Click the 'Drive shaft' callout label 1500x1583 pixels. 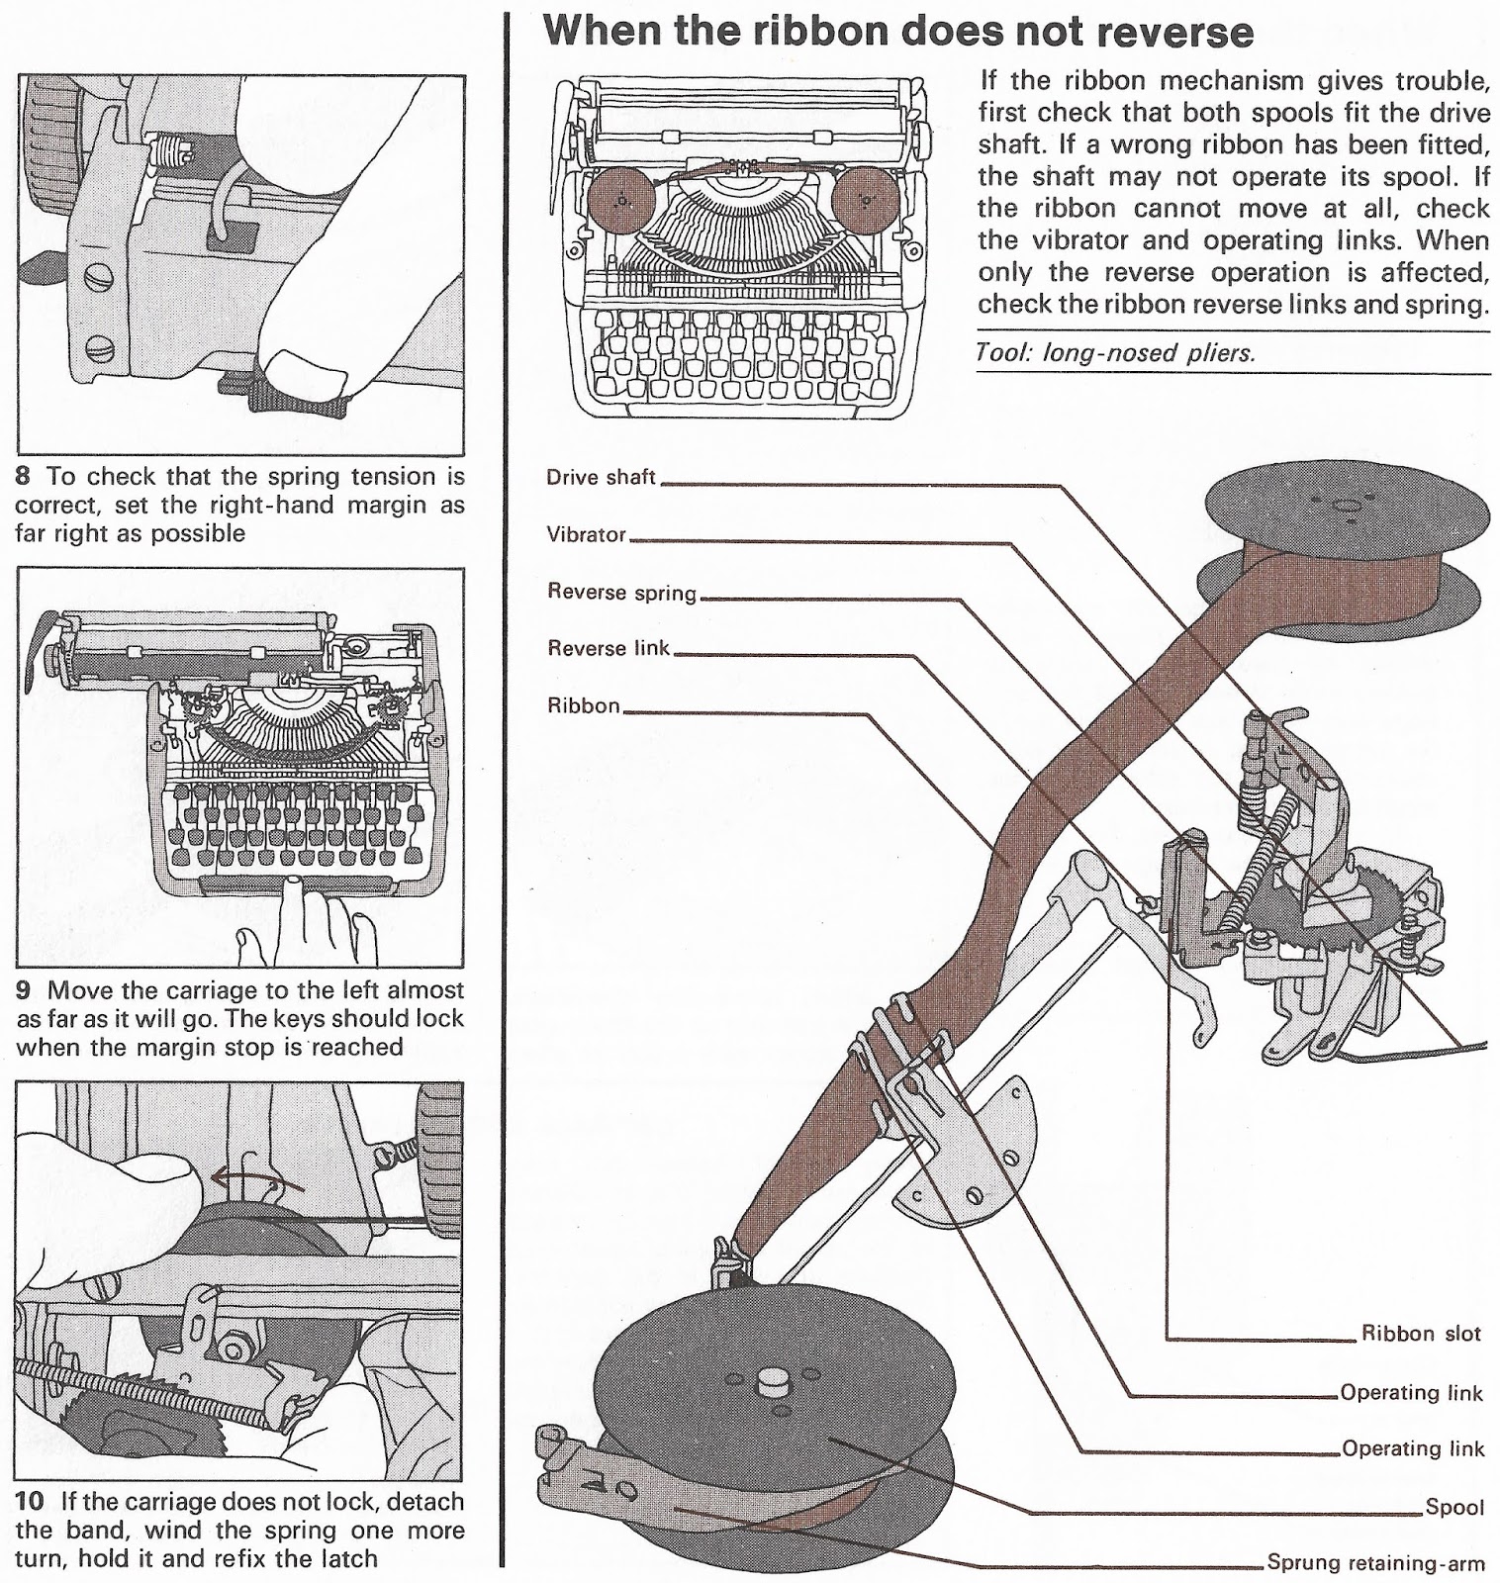point(601,477)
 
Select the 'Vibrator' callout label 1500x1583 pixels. point(587,534)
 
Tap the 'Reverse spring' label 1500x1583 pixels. point(622,592)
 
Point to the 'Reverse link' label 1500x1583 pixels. point(609,649)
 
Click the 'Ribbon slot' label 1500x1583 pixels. point(1421,1333)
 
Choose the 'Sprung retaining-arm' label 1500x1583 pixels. point(1375,1563)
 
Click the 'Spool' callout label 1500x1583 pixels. point(1454,1507)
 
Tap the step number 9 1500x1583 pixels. point(27,989)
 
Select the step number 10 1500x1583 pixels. point(33,1501)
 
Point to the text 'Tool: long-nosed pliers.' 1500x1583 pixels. point(1115,353)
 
